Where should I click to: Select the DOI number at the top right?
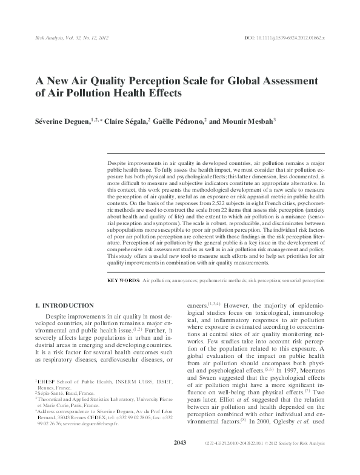click(296, 38)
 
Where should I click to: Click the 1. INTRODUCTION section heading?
click(64, 305)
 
